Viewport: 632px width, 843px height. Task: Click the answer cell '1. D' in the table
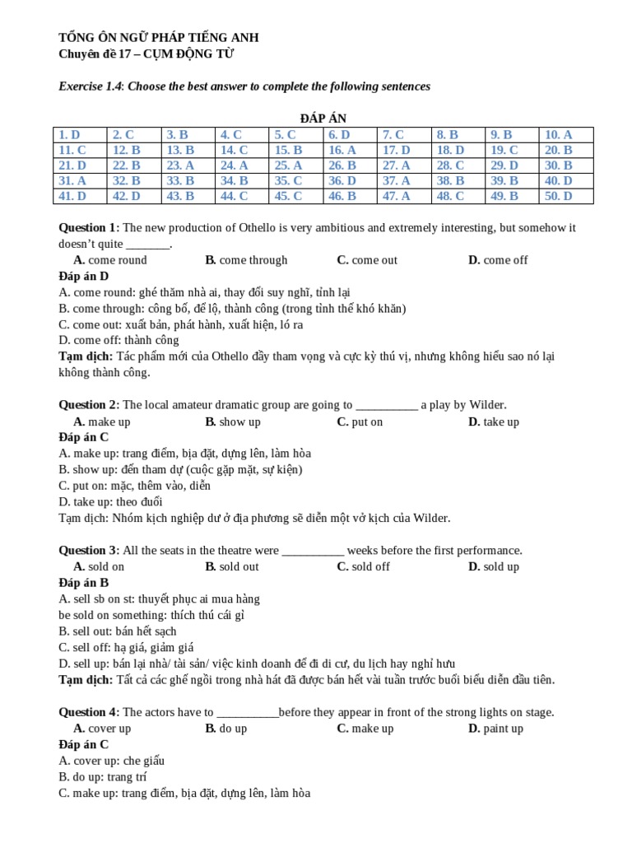pyautogui.click(x=69, y=134)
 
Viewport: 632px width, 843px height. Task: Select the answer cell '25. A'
pyautogui.click(x=284, y=165)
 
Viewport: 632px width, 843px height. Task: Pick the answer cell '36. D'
pyautogui.click(x=342, y=180)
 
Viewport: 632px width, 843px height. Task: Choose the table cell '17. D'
pyautogui.click(x=396, y=150)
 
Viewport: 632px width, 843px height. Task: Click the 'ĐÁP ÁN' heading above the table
pyautogui.click(x=315, y=119)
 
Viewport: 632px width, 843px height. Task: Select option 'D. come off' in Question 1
pyautogui.click(x=498, y=260)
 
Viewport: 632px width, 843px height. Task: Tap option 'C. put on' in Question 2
pyautogui.click(x=360, y=421)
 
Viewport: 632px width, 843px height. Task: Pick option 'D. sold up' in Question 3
pyautogui.click(x=494, y=566)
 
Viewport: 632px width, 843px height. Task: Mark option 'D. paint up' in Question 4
pyautogui.click(x=495, y=729)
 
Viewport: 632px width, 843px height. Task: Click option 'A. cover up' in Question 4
pyautogui.click(x=102, y=729)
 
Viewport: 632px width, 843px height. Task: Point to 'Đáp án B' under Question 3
pyautogui.click(x=83, y=583)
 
